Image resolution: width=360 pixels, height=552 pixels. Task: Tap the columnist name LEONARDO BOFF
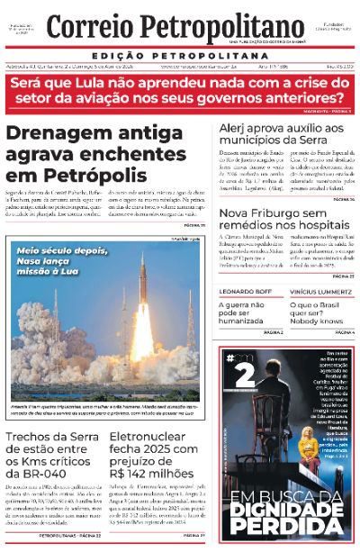247,294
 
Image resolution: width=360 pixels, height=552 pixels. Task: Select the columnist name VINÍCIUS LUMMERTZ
323,294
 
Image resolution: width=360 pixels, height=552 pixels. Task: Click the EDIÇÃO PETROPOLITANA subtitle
180,54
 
